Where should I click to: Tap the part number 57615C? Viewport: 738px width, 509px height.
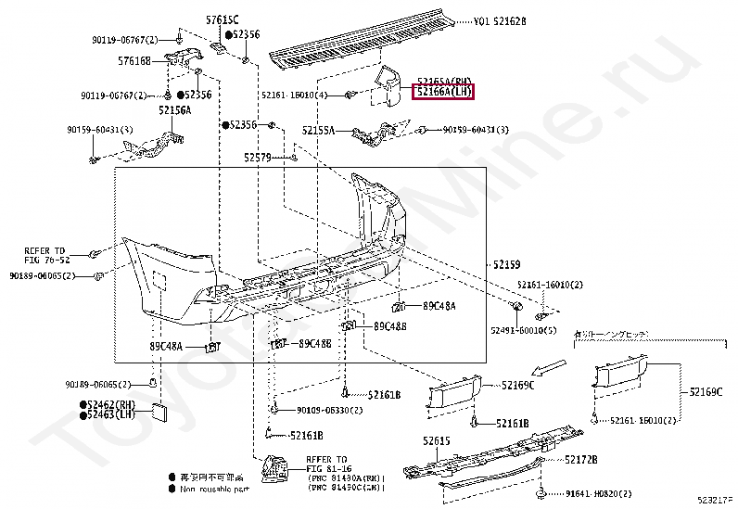222,19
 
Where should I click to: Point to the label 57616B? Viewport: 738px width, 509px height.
134,61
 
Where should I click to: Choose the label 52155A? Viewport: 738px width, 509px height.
317,131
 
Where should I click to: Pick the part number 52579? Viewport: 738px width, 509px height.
257,158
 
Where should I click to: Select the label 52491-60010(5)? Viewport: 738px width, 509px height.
524,328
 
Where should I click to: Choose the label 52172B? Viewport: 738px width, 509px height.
581,459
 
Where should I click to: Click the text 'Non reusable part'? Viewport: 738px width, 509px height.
214,488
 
